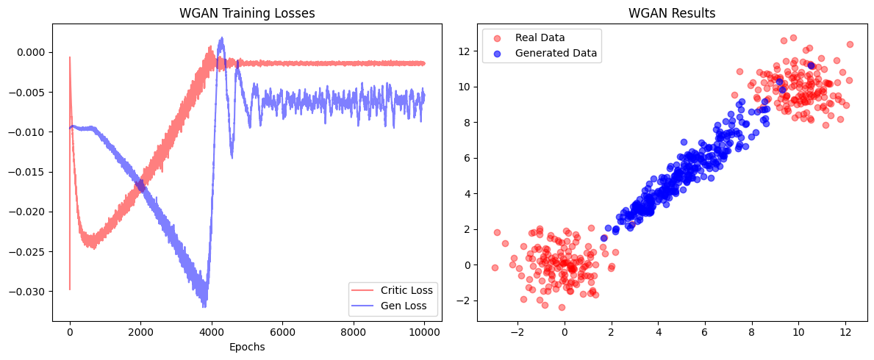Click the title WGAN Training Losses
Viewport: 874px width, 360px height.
(x=247, y=13)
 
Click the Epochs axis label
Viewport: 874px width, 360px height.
(x=247, y=347)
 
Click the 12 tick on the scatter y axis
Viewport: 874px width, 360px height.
(x=465, y=51)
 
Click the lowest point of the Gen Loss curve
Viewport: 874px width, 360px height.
(x=204, y=306)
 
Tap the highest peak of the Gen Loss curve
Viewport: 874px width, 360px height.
(x=221, y=37)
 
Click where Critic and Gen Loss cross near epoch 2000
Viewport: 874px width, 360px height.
(x=140, y=186)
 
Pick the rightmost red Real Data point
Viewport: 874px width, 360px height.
(x=850, y=44)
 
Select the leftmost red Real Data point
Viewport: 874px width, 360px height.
(x=495, y=267)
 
